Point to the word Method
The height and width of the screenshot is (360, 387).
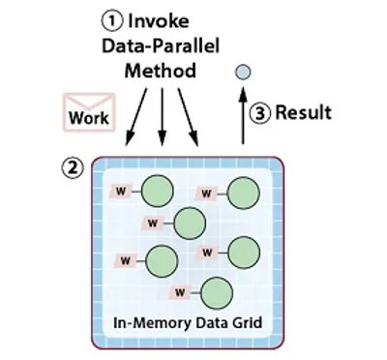(x=161, y=71)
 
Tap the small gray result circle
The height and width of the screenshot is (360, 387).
(x=244, y=72)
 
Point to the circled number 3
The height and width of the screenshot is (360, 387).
(x=261, y=113)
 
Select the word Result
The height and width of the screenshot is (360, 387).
(x=304, y=113)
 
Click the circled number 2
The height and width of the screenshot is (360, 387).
(x=71, y=167)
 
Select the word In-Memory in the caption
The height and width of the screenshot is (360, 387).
(x=148, y=322)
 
